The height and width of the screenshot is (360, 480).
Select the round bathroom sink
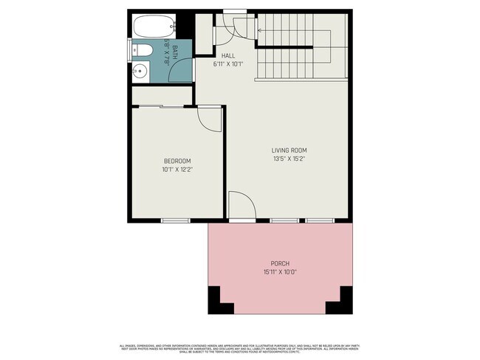pos(140,73)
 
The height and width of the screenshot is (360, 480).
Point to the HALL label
pos(227,55)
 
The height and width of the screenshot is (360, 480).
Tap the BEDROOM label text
pos(177,162)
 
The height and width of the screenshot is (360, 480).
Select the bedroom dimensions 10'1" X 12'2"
pos(177,170)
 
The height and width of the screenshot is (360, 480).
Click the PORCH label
pos(280,263)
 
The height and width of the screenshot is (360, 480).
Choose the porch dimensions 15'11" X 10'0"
pos(280,271)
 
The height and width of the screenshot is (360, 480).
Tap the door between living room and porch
pos(241,207)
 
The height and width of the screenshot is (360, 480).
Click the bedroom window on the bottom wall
pos(176,220)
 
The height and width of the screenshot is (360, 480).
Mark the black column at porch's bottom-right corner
pos(342,299)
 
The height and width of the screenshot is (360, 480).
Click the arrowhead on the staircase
pos(259,31)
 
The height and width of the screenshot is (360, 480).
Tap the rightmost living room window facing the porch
pos(320,220)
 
